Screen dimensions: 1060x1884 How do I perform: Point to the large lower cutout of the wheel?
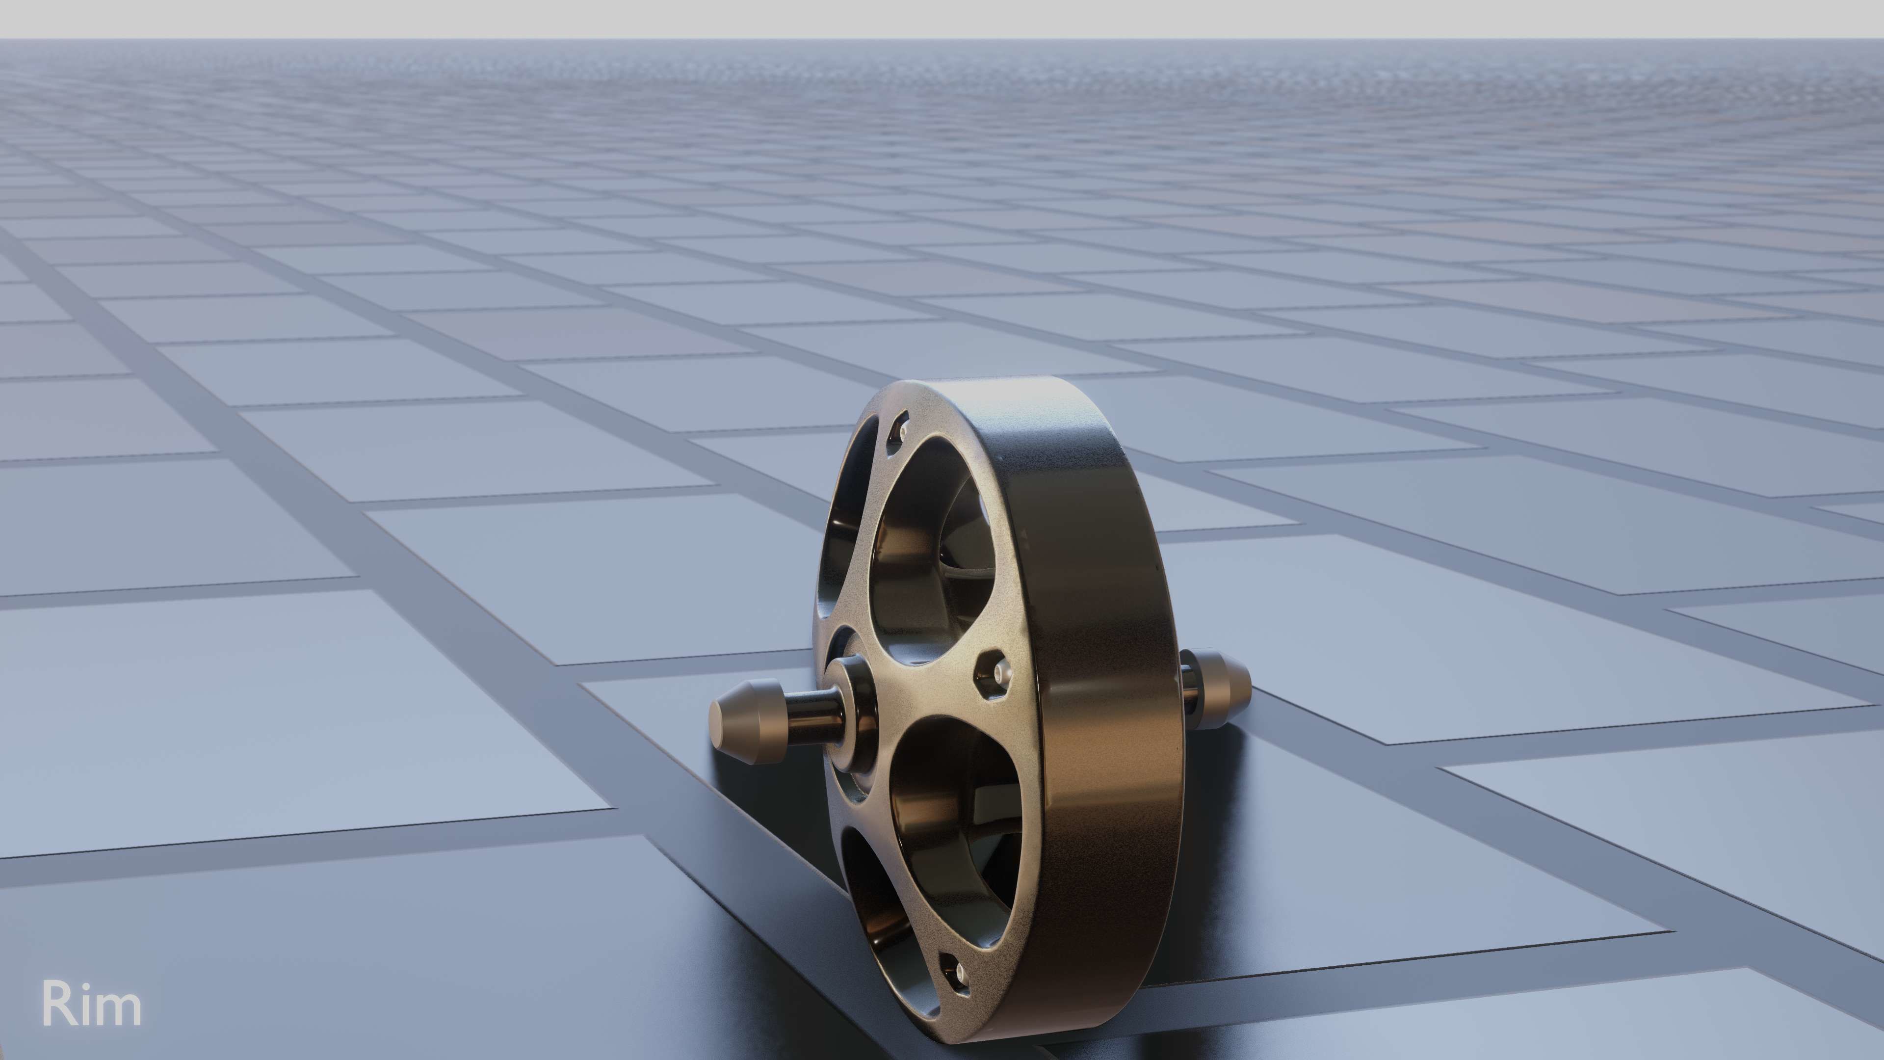[x=951, y=820]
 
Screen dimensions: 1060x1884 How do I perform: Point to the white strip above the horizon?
[x=942, y=18]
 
